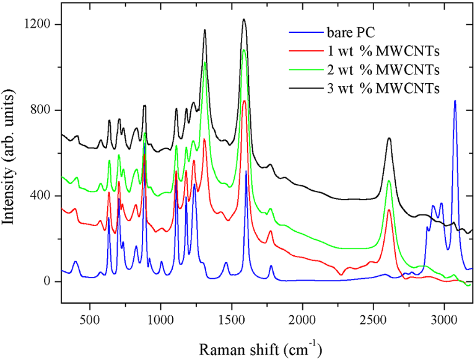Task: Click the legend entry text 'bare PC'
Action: [351, 32]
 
